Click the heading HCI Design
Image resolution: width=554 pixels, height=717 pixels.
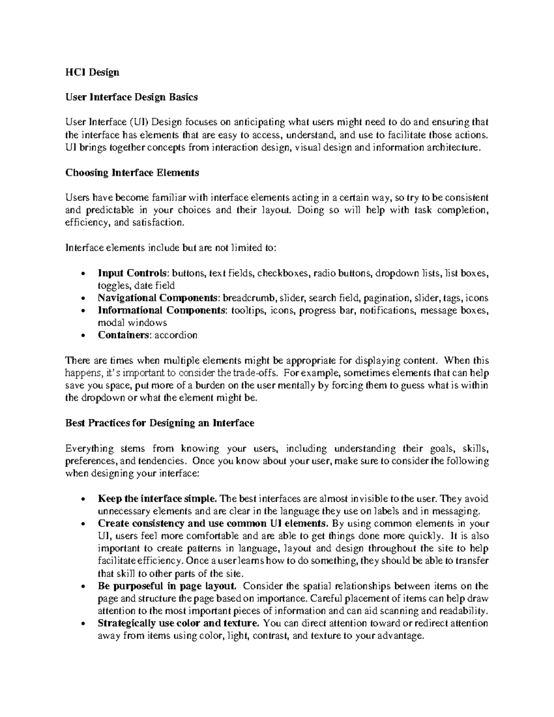coord(92,72)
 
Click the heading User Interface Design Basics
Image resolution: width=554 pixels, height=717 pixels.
coord(132,97)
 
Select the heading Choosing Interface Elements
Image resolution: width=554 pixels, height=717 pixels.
coord(132,173)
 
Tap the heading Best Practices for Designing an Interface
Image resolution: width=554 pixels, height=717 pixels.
coord(160,423)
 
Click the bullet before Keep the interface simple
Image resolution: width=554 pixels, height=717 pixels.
coord(82,500)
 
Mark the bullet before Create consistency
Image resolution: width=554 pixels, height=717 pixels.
coord(82,524)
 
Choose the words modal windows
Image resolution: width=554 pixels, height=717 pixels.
coord(132,323)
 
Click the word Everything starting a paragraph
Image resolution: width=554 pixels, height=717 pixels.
coord(89,449)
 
